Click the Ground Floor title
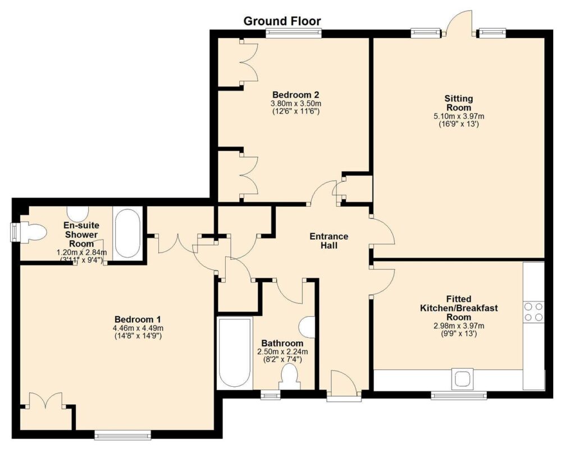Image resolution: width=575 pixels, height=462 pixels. click(282, 21)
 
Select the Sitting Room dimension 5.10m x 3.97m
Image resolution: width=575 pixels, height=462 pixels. click(459, 116)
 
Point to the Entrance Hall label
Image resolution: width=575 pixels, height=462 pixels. click(329, 241)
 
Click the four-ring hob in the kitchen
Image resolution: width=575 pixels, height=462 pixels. click(533, 312)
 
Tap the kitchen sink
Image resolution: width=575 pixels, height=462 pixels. click(462, 379)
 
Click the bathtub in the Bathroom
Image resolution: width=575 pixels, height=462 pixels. click(235, 354)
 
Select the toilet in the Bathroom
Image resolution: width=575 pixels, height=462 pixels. click(290, 378)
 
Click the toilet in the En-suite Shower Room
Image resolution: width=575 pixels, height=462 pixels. click(33, 232)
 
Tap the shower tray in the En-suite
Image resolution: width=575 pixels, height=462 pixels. click(127, 234)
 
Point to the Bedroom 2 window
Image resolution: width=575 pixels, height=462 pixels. click(294, 33)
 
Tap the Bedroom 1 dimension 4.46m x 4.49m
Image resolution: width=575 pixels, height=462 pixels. click(139, 328)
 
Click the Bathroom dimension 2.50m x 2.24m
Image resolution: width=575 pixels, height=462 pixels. click(282, 351)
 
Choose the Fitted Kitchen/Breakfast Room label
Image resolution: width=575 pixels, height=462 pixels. click(459, 308)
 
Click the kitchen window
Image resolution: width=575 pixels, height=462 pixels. click(459, 395)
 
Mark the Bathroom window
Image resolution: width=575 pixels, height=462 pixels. click(270, 395)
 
